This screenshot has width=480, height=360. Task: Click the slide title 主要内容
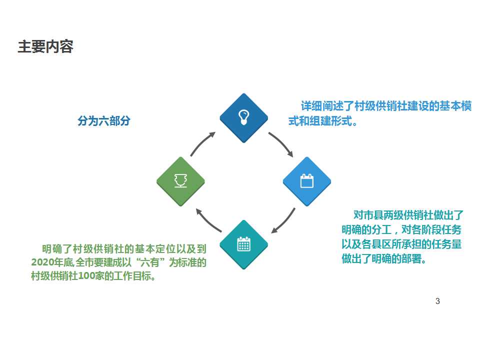pyautogui.click(x=45, y=47)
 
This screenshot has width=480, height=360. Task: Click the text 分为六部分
pyautogui.click(x=104, y=120)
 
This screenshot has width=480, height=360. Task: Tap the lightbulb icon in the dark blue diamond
pyautogui.click(x=243, y=117)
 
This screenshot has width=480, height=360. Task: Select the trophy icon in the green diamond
pyautogui.click(x=180, y=180)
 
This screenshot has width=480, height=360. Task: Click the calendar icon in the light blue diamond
pyautogui.click(x=306, y=180)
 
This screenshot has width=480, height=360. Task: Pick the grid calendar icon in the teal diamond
pyautogui.click(x=243, y=244)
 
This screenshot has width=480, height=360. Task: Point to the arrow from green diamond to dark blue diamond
pyautogui.click(x=202, y=143)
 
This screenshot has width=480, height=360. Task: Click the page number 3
pyautogui.click(x=437, y=301)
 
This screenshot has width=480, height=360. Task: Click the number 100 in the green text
pyautogui.click(x=86, y=276)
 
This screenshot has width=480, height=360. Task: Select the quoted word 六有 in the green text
pyautogui.click(x=149, y=262)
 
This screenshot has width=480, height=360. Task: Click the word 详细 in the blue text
pyautogui.click(x=311, y=106)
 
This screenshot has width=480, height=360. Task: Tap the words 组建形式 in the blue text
pyautogui.click(x=330, y=121)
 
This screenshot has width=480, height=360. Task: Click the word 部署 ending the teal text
pyautogui.click(x=411, y=259)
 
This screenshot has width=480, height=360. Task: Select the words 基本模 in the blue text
pyautogui.click(x=455, y=106)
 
